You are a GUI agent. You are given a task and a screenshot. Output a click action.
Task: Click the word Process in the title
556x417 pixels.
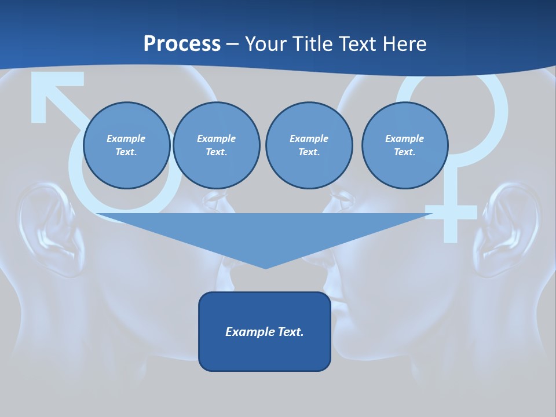(x=182, y=44)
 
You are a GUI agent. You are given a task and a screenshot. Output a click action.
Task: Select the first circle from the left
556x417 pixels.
(x=126, y=145)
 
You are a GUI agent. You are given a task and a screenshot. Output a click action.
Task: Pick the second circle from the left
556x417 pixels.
(x=216, y=145)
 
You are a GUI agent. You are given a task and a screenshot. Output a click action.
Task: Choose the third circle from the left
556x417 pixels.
(x=309, y=145)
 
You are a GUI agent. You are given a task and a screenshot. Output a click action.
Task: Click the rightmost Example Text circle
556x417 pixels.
(x=404, y=145)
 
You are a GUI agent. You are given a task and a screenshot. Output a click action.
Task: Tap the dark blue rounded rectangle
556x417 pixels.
(x=265, y=331)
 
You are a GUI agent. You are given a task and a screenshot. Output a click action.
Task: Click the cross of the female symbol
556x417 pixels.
(x=451, y=213)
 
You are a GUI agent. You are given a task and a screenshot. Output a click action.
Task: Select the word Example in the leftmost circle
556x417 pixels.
(x=126, y=139)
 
